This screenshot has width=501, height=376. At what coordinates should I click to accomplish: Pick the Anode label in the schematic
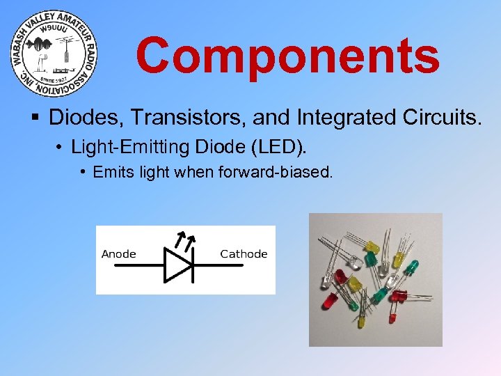[118, 253]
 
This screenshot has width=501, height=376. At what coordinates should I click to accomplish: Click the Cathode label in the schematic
[244, 253]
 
